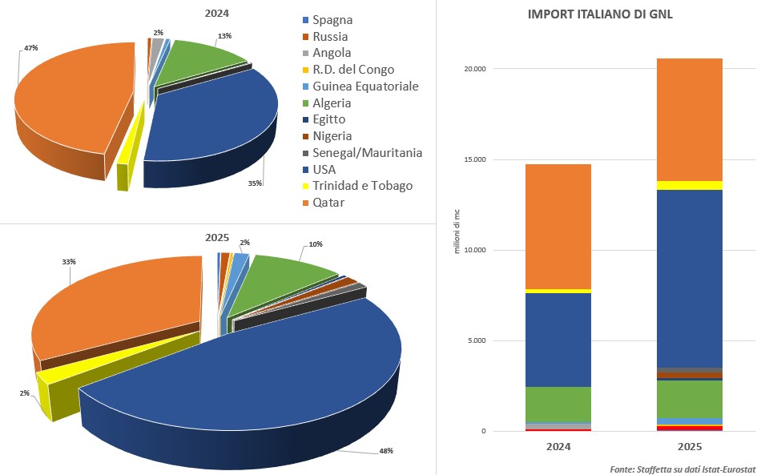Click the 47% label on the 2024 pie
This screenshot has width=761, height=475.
pyautogui.click(x=30, y=48)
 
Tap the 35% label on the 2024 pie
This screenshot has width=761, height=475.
pyautogui.click(x=255, y=183)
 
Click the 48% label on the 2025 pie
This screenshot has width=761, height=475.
pyautogui.click(x=385, y=451)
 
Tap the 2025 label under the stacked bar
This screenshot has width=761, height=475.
pyautogui.click(x=689, y=446)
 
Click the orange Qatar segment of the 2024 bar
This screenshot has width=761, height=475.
pyautogui.click(x=558, y=226)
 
